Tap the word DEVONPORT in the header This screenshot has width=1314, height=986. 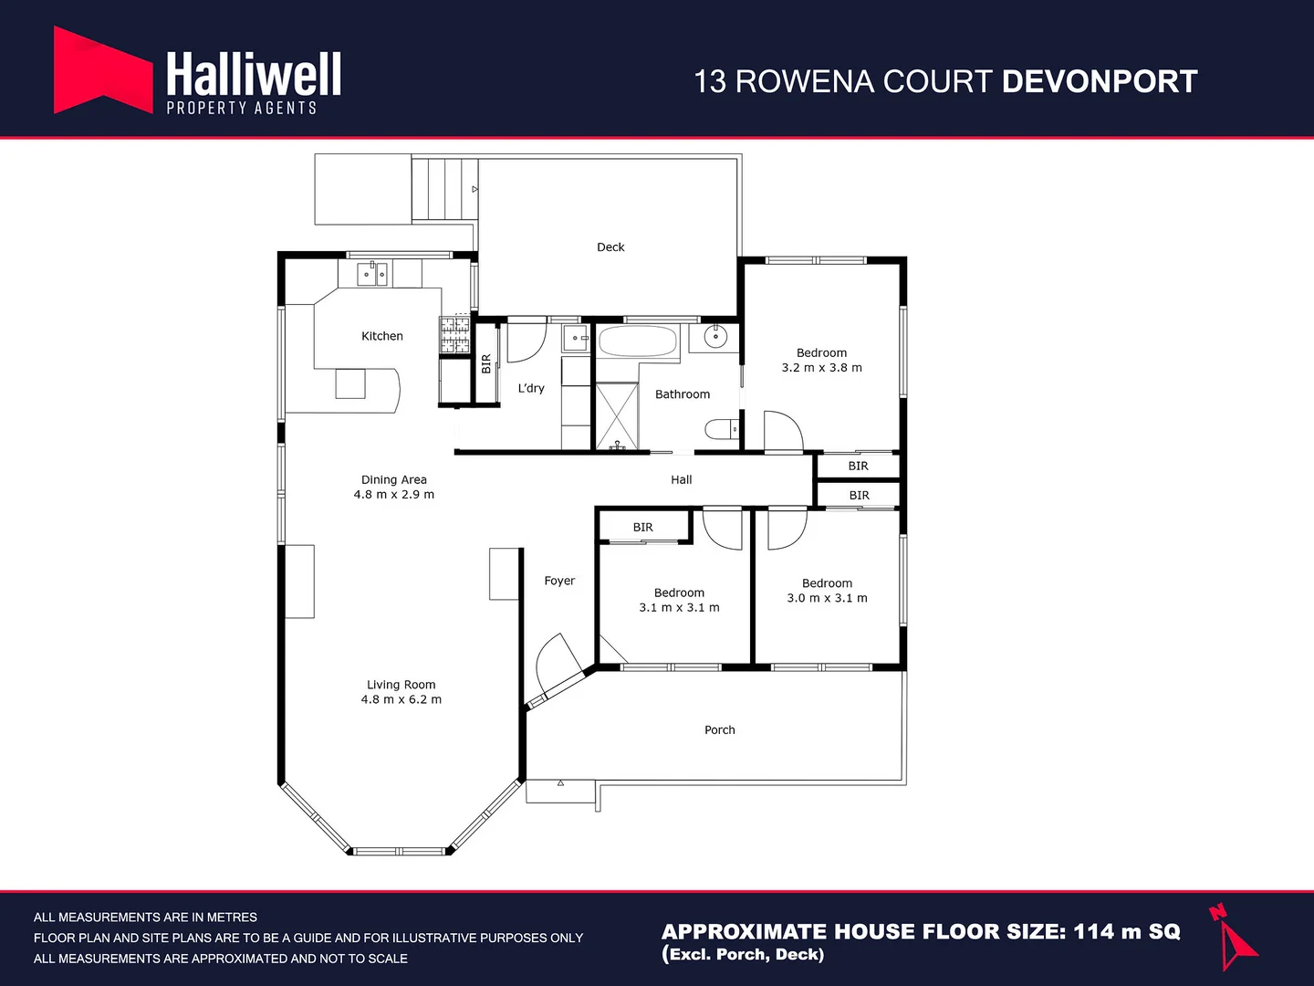pos(1099,81)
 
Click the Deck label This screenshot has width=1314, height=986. pos(610,247)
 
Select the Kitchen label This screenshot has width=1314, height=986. pos(381,336)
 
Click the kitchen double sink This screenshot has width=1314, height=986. pos(372,273)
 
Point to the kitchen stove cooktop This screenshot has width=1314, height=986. pos(454,335)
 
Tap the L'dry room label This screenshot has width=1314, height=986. pos(531,388)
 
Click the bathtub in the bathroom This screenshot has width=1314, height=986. pos(638,341)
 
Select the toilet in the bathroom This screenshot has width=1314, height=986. pos(722,428)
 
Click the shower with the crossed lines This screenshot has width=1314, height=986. pos(617,416)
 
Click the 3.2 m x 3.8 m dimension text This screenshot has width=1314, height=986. pos(821,368)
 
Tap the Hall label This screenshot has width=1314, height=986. pos(682,479)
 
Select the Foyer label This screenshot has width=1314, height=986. pos(559,581)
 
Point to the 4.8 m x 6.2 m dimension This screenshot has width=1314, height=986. pos(401,699)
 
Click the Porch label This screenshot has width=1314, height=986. pos(719,729)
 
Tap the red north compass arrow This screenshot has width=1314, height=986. pos(1235,940)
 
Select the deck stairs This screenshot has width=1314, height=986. pos(444,189)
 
